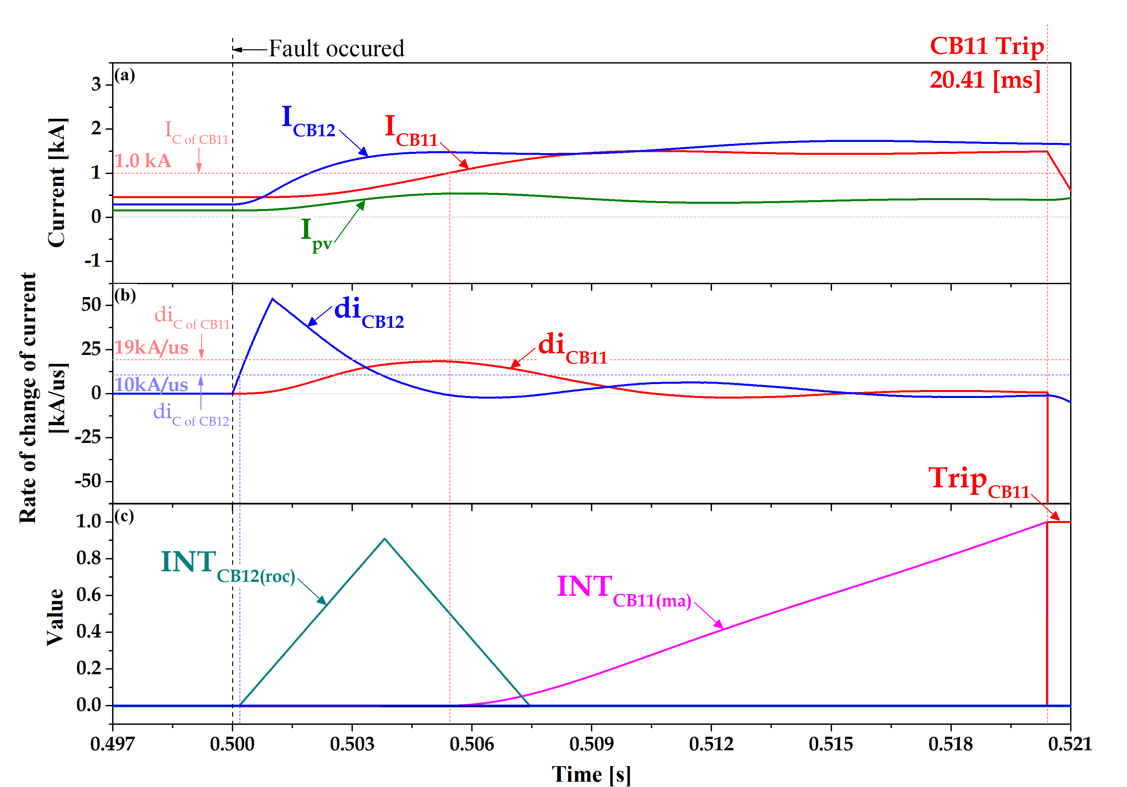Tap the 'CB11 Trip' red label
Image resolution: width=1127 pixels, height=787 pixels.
pos(986,46)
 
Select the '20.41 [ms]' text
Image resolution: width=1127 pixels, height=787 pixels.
pos(985,79)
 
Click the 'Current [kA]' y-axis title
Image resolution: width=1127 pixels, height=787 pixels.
pos(57,182)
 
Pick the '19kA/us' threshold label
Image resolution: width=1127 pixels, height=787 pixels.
pos(151,347)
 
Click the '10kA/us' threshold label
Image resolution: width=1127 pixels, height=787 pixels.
pos(151,384)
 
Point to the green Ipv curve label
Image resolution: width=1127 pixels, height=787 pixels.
pos(315,235)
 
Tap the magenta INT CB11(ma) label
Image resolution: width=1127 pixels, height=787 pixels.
pos(623,589)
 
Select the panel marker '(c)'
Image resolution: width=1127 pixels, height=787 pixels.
pos(124,516)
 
